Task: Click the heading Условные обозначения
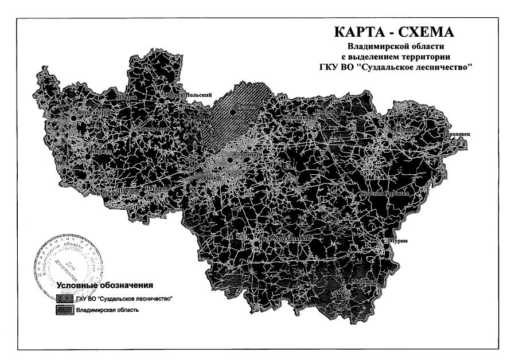point(103,285)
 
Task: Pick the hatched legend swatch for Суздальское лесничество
point(64,299)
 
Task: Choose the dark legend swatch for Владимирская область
point(64,310)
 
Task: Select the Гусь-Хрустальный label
point(285,237)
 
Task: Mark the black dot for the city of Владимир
point(231,160)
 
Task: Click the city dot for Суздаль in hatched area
point(232,112)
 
